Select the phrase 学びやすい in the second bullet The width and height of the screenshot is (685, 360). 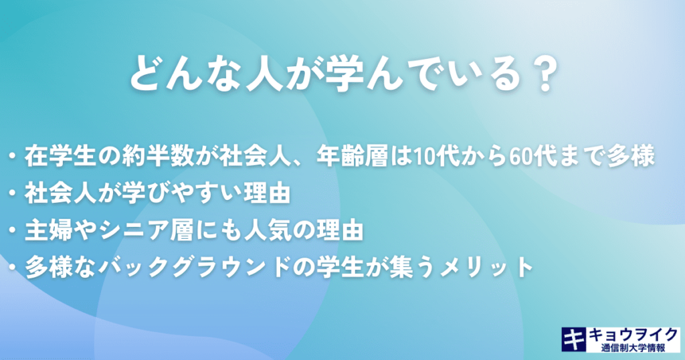point(182,193)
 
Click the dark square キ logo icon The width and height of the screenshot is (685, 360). point(574,339)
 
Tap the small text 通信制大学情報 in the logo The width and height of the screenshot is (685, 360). point(633,347)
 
